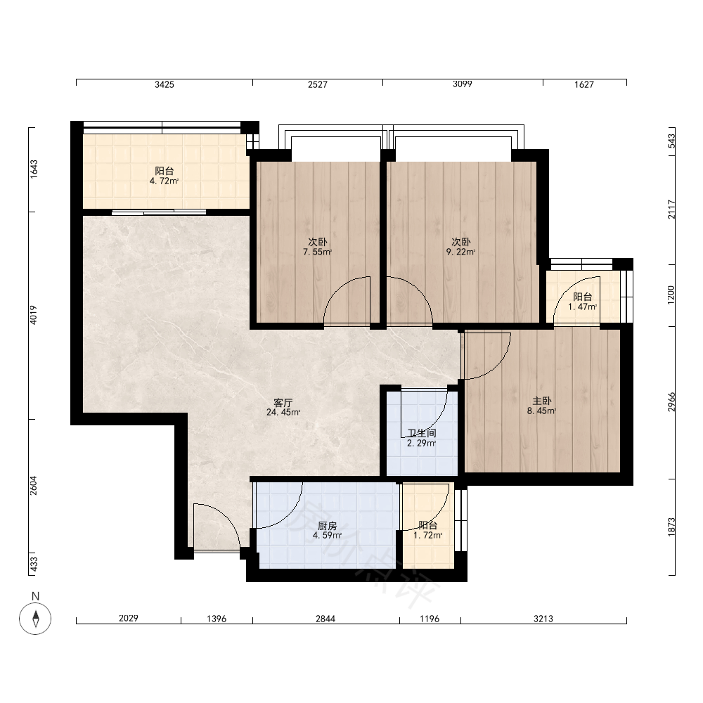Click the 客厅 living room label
(x=283, y=403)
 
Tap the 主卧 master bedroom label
(x=541, y=401)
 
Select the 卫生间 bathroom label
(x=421, y=433)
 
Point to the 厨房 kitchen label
(x=328, y=525)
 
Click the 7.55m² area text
(x=318, y=252)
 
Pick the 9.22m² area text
(x=461, y=252)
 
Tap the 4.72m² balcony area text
(x=164, y=181)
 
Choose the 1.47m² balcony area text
(x=582, y=307)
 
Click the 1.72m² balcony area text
(x=427, y=535)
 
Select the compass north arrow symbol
(x=35, y=619)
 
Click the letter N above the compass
(x=35, y=596)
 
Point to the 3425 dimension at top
(x=164, y=84)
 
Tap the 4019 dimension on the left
(x=34, y=315)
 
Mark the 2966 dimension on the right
(x=671, y=402)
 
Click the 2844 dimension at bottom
(x=325, y=619)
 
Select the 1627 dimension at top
(x=584, y=84)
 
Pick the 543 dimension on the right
(x=671, y=141)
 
